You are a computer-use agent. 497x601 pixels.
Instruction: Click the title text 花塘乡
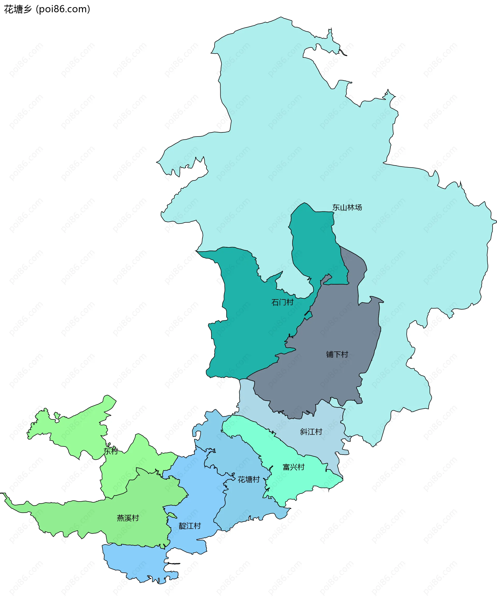17,9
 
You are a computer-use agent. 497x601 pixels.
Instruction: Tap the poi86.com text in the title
63,9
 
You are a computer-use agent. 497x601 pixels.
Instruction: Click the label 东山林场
347,208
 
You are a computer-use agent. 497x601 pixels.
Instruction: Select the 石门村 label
282,302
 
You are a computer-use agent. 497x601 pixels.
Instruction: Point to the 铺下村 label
337,355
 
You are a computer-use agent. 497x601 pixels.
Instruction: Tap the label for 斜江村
311,432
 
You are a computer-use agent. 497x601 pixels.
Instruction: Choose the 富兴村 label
293,467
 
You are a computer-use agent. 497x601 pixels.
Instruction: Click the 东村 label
111,451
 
